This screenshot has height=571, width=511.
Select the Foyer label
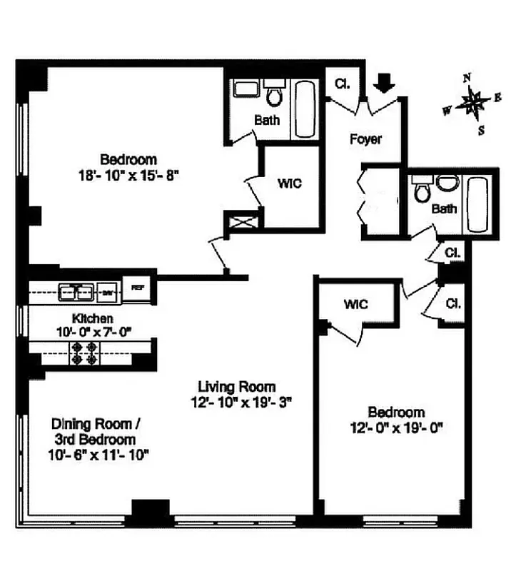point(365,139)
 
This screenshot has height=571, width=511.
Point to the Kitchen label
point(93,318)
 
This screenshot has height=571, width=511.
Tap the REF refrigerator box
point(138,288)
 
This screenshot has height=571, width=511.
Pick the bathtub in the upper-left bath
point(305,110)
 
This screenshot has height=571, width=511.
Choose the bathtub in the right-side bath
point(477,204)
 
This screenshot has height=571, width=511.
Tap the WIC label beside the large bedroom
point(289,183)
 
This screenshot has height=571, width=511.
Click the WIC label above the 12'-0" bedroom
point(355,305)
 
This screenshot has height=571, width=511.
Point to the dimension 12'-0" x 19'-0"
point(396,428)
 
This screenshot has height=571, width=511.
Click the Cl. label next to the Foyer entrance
point(342,84)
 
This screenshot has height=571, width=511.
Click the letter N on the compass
point(467,79)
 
